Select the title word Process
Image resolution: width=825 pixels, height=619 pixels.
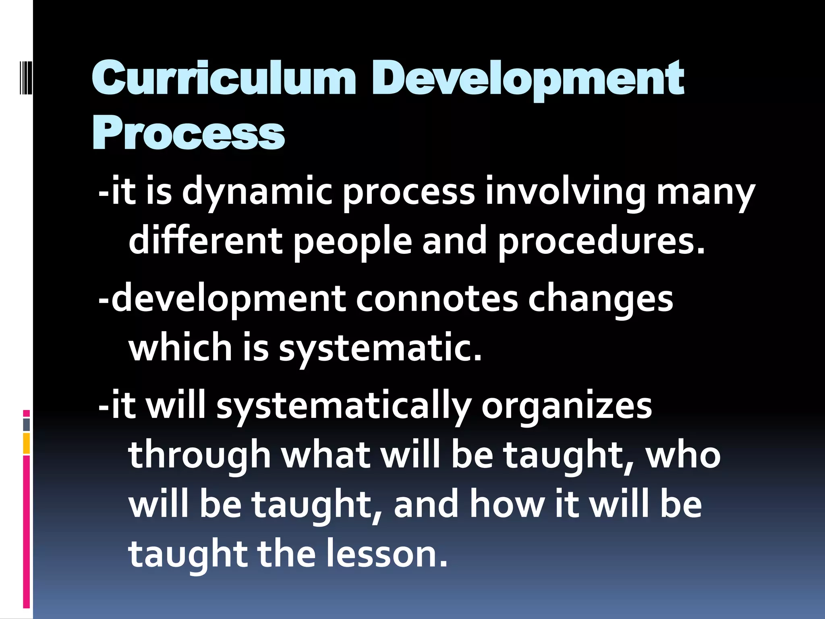(189, 133)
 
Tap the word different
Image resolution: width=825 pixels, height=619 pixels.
(205, 241)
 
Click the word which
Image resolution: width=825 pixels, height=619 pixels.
(180, 347)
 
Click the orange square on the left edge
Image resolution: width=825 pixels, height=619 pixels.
(27, 443)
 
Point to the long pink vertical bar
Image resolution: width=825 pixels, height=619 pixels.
(27, 532)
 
